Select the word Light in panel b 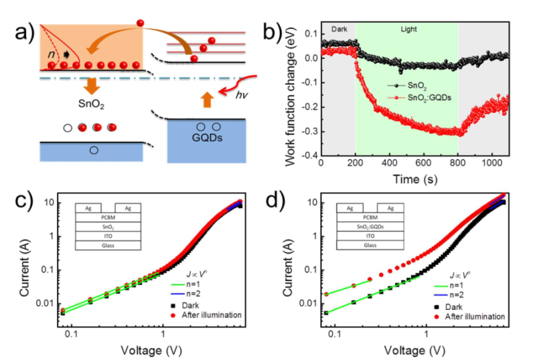click(408, 30)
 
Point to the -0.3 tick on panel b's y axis click(309, 132)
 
